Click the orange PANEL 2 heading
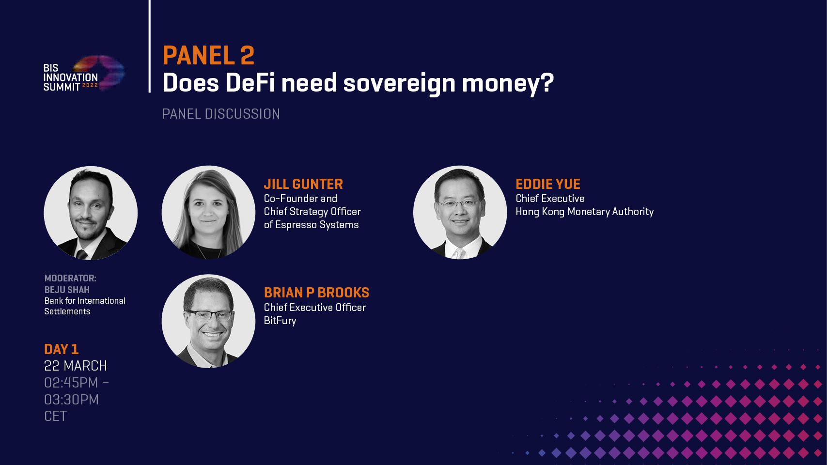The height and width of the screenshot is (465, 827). pos(209,55)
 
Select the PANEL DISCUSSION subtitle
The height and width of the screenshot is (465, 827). pos(221,114)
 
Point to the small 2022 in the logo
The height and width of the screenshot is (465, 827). pos(90,85)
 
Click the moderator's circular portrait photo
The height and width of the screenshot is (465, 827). pos(91,213)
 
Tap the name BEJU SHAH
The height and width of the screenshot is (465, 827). pos(67,290)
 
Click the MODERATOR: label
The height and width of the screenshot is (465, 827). pos(70,278)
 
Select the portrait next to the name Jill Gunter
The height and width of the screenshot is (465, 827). pos(208,212)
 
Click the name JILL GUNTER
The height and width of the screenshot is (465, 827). pos(303,184)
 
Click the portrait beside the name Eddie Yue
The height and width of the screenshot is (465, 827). pos(460,212)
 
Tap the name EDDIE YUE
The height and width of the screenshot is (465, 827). pos(548,184)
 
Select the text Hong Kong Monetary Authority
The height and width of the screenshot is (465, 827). pos(584,212)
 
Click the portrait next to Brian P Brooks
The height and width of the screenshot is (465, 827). pos(208,321)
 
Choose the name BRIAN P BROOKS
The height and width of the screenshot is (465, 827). pos(316,293)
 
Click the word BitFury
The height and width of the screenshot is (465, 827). pos(280,320)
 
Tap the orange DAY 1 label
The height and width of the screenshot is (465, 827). pos(62,349)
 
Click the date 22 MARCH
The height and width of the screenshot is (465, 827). pos(76,366)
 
